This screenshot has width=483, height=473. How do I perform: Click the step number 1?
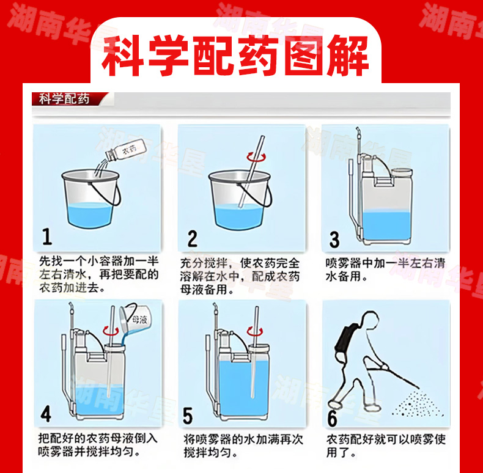coord(47,237)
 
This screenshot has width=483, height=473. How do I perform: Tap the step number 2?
coord(193,238)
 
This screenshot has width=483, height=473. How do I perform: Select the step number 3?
coord(334,240)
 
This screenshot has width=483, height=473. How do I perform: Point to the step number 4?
coord(46,414)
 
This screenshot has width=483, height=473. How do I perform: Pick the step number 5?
coord(188,416)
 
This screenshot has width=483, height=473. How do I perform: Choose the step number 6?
coord(332,418)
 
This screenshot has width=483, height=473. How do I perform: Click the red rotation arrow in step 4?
coord(111,331)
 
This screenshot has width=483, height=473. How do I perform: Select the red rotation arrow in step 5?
coord(255,331)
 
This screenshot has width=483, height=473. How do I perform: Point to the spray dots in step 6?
coord(418,403)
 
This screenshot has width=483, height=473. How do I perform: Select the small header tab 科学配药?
coord(64,99)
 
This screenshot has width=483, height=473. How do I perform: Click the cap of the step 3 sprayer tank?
coord(402,171)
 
